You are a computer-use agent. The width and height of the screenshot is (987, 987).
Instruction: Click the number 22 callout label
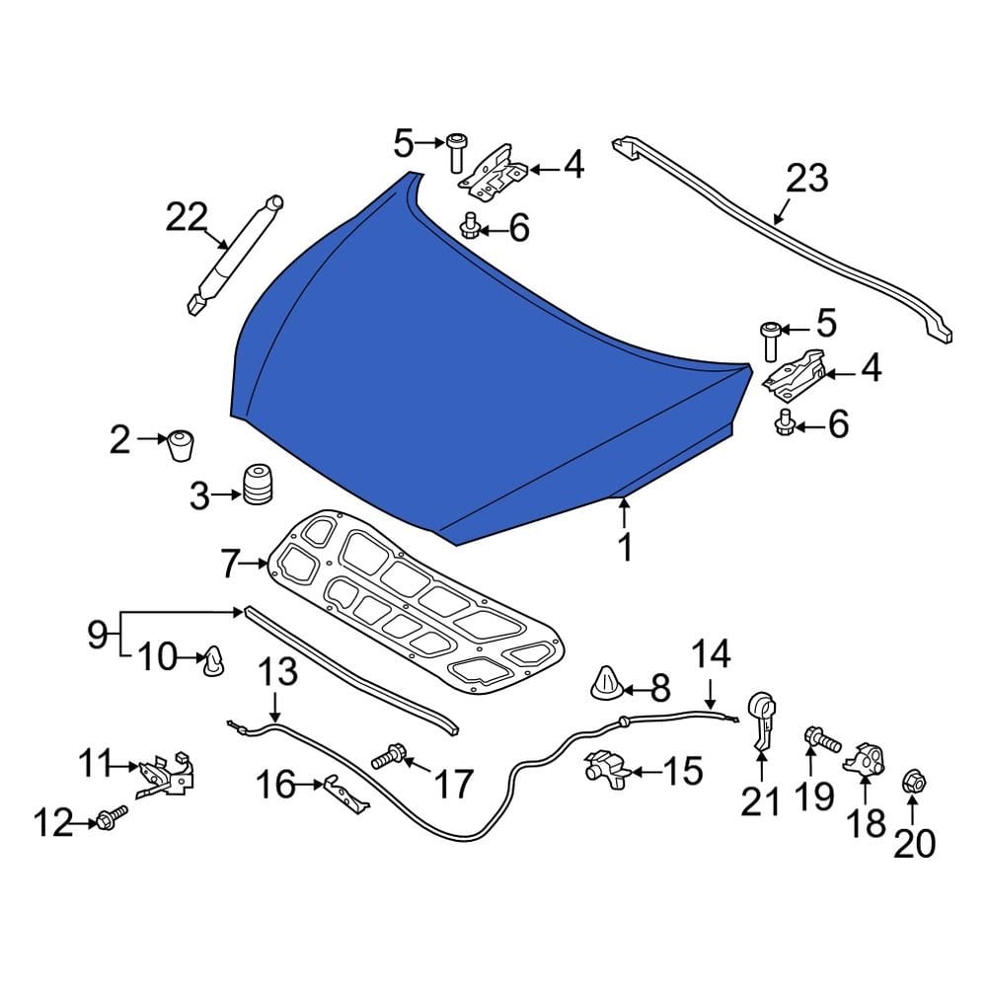[187, 218]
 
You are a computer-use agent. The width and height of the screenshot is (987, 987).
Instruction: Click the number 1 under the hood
[624, 546]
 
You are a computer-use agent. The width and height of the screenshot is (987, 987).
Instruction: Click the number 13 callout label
[277, 674]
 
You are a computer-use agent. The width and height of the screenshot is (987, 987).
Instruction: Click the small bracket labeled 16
[344, 793]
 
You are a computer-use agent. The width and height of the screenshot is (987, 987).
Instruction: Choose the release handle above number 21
[762, 721]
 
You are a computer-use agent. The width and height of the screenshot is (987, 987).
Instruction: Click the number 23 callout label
[806, 180]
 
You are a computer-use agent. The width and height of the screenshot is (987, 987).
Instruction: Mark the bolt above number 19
[818, 736]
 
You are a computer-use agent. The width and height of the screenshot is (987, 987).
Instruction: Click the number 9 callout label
[97, 634]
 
